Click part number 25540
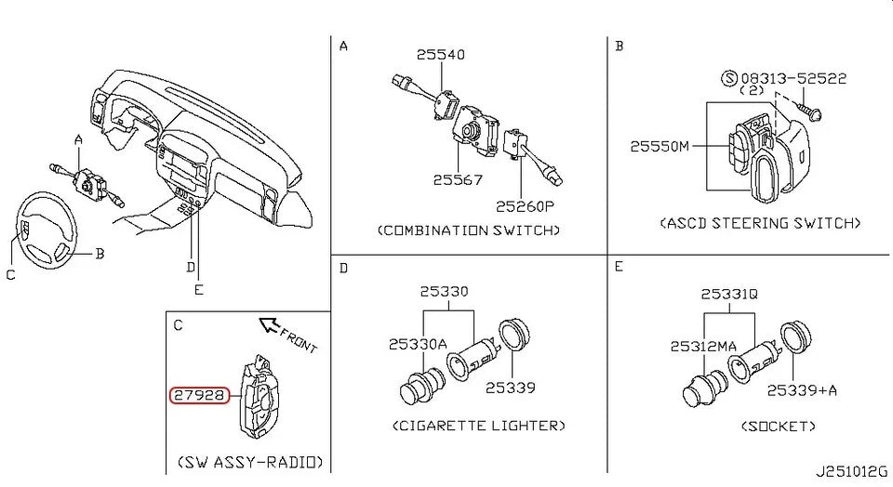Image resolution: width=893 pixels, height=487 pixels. coord(440,55)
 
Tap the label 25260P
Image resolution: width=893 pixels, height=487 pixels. coord(524,205)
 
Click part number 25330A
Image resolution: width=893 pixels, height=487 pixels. coord(418,345)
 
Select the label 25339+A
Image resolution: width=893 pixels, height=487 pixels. coord(802,389)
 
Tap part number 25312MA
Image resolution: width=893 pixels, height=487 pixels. coord(703,346)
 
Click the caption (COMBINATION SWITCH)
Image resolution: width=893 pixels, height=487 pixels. coord(469,230)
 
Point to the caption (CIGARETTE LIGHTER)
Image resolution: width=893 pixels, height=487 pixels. coord(478,426)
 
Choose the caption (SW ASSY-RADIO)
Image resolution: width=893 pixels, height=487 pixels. coord(249,461)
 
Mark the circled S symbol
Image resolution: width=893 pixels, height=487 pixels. coord(729,79)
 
